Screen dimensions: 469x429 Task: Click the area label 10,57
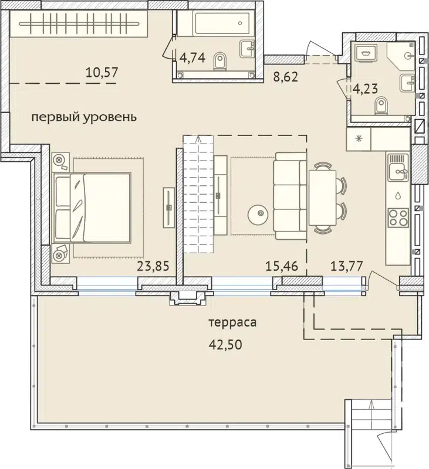tap(102, 73)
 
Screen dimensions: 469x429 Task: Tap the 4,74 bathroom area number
tap(192, 57)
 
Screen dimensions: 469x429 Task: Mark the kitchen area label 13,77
tap(346, 267)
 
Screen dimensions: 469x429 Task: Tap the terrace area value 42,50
tap(226, 344)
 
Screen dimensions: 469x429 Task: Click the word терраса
tap(233, 322)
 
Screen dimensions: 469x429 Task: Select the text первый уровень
tap(83, 117)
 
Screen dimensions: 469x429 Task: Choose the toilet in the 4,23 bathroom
tap(380, 107)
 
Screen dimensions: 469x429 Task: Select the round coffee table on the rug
tap(258, 214)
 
